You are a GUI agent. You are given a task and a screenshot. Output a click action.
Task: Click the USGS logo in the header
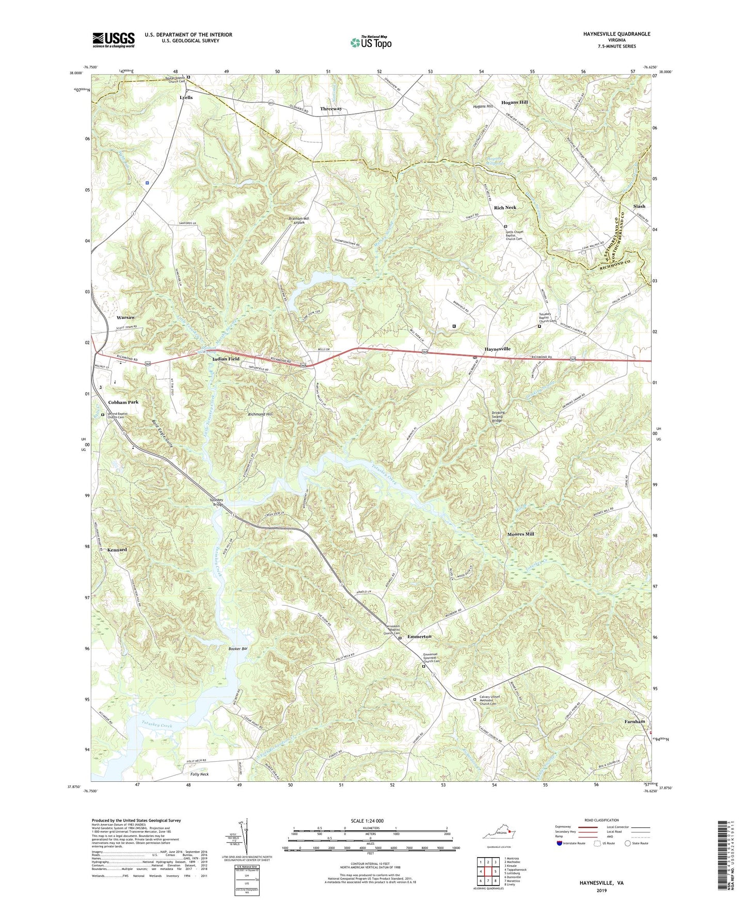[114, 40]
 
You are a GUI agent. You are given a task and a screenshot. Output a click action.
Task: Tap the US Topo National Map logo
[370, 42]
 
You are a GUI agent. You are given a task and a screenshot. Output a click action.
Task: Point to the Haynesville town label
[497, 349]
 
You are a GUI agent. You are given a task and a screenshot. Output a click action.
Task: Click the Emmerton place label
[419, 637]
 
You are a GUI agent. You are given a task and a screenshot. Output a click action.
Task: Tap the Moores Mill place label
[520, 534]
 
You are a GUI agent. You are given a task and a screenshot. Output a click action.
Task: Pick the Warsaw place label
[125, 317]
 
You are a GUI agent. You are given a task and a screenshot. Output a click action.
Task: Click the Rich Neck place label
[505, 207]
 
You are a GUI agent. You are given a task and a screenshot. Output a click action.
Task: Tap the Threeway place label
[330, 109]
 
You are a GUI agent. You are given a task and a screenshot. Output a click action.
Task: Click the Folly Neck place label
[199, 775]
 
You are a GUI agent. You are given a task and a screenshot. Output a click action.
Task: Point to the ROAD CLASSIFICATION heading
[601, 820]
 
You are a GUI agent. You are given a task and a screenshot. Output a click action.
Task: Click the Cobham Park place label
[123, 402]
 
